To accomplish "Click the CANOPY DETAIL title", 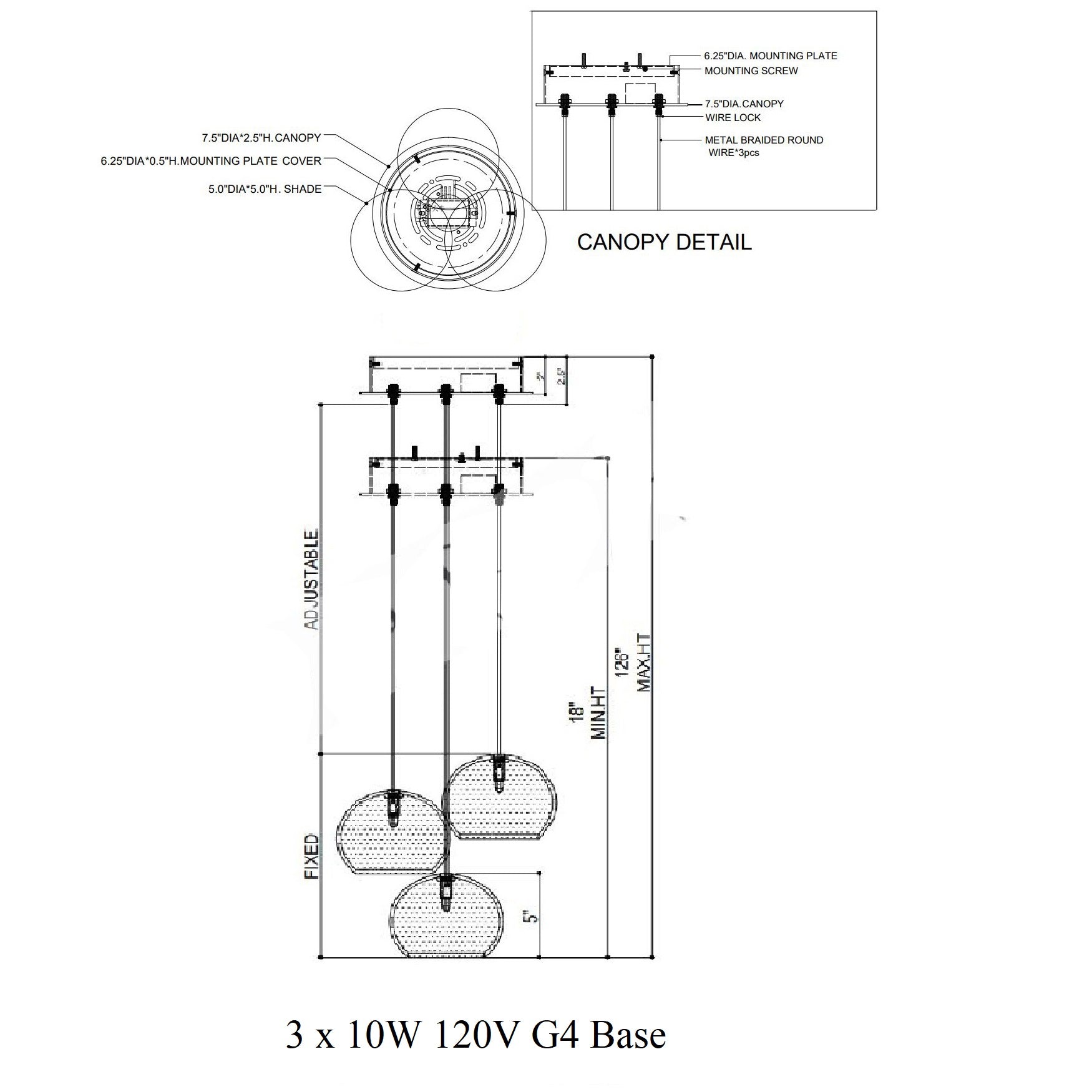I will tap(664, 242).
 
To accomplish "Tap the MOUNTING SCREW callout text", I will tap(751, 71).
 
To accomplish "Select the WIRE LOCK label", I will tap(733, 117).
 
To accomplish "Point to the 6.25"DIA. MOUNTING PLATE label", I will tap(771, 56).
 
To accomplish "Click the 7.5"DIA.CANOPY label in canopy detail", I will tap(744, 104).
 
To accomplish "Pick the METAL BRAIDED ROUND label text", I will tap(764, 140).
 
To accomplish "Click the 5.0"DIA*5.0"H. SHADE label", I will tap(265, 188).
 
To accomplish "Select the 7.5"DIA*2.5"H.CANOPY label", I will tap(261, 137).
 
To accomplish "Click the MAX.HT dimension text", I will tap(644, 662).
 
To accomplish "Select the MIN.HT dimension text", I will tap(598, 713).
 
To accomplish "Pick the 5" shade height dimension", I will tap(530, 917).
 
